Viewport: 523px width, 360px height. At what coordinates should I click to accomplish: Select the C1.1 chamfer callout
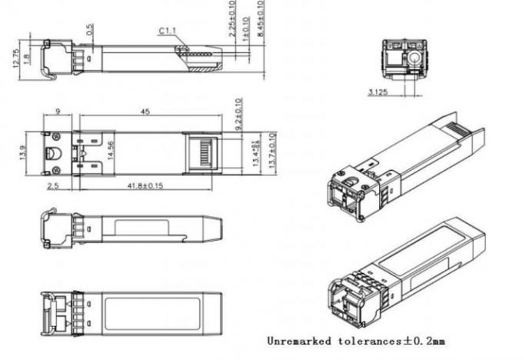point(168,31)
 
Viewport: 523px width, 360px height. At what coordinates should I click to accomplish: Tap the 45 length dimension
point(145,112)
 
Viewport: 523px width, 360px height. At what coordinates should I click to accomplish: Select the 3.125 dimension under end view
point(377,93)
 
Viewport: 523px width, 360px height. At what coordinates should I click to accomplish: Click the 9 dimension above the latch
point(58,112)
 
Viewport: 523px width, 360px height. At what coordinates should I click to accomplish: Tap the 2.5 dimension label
point(53,187)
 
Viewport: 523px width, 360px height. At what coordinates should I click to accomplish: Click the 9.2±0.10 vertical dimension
point(238,112)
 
